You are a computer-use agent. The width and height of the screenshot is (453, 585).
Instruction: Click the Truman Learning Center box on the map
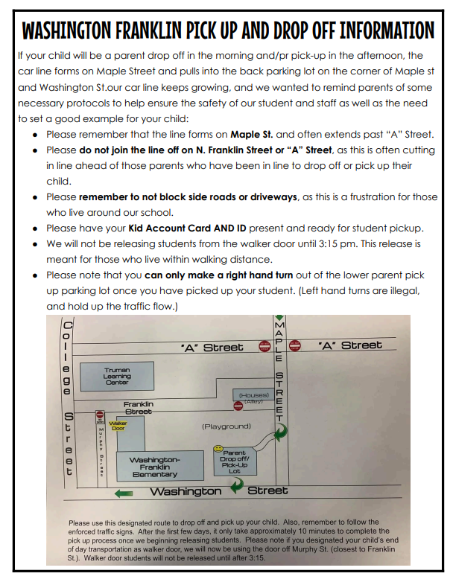pyautogui.click(x=118, y=376)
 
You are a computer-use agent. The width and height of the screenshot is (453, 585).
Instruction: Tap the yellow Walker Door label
pyautogui.click(x=118, y=426)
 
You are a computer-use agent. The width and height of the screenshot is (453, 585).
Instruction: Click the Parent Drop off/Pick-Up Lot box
pyautogui.click(x=234, y=461)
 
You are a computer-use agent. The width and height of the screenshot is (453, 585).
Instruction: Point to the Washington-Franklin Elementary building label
pyautogui.click(x=154, y=467)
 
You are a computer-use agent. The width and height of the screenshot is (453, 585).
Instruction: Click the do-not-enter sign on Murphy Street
pyautogui.click(x=100, y=414)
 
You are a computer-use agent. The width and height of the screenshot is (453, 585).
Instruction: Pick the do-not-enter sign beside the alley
pyautogui.click(x=238, y=406)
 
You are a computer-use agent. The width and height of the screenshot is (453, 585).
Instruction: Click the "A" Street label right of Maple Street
pyautogui.click(x=349, y=345)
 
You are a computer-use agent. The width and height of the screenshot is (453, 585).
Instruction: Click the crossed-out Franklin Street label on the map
pyautogui.click(x=138, y=407)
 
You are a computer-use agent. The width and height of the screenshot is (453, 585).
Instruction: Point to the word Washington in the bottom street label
pyautogui.click(x=186, y=491)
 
